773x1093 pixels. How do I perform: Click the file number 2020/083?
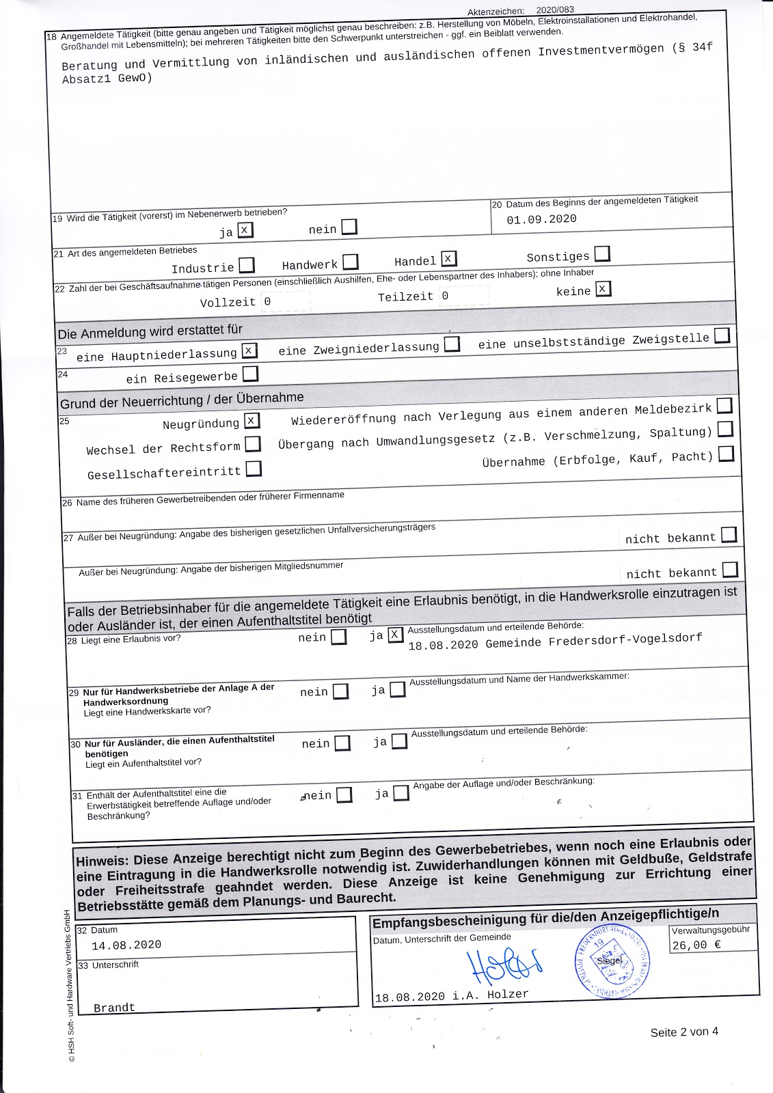pos(555,10)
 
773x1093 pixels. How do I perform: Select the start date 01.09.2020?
pos(541,219)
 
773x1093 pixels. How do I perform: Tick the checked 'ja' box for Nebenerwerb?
pos(245,230)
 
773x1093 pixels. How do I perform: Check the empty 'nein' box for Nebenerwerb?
pos(349,227)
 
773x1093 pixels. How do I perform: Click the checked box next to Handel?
pos(448,258)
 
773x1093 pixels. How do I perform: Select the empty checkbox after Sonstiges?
pos(601,254)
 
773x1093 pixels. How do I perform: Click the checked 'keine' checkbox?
pos(603,289)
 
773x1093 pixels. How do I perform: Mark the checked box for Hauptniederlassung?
pos(249,350)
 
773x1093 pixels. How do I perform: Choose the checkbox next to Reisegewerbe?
pos(250,374)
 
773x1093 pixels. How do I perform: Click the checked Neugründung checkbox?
pos(252,420)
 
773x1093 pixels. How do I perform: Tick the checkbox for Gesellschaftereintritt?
pos(254,469)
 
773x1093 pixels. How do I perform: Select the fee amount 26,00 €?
pos(696,945)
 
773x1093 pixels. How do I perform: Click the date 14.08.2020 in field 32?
pos(126,945)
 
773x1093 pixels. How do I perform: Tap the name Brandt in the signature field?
pos(114,1008)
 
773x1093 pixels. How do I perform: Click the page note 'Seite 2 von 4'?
pos(683,1032)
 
